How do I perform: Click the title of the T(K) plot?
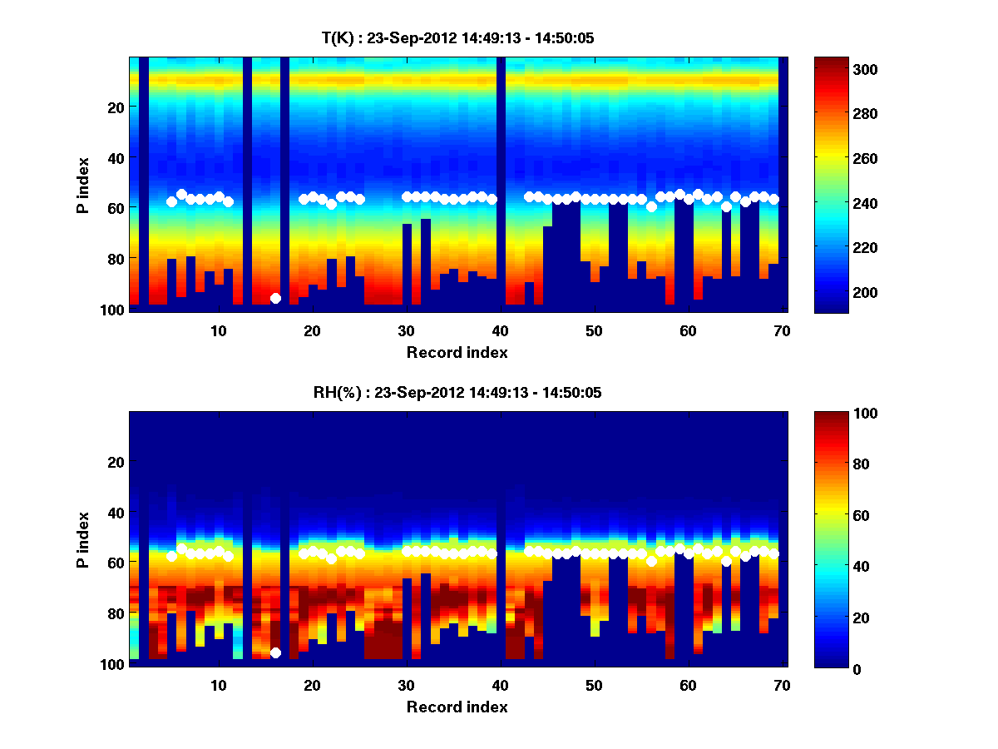click(457, 37)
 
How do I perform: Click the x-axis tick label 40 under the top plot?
click(500, 330)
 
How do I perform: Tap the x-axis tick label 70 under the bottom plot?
click(782, 685)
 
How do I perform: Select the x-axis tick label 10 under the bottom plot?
click(218, 685)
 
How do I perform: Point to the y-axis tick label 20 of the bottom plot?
click(116, 462)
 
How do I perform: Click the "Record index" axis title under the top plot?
click(457, 352)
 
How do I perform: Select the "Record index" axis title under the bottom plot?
click(457, 707)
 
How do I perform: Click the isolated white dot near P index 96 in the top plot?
click(275, 298)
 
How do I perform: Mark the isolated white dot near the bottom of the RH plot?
click(275, 652)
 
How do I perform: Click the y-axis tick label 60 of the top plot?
click(116, 207)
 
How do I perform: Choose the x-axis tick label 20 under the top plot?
click(312, 330)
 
